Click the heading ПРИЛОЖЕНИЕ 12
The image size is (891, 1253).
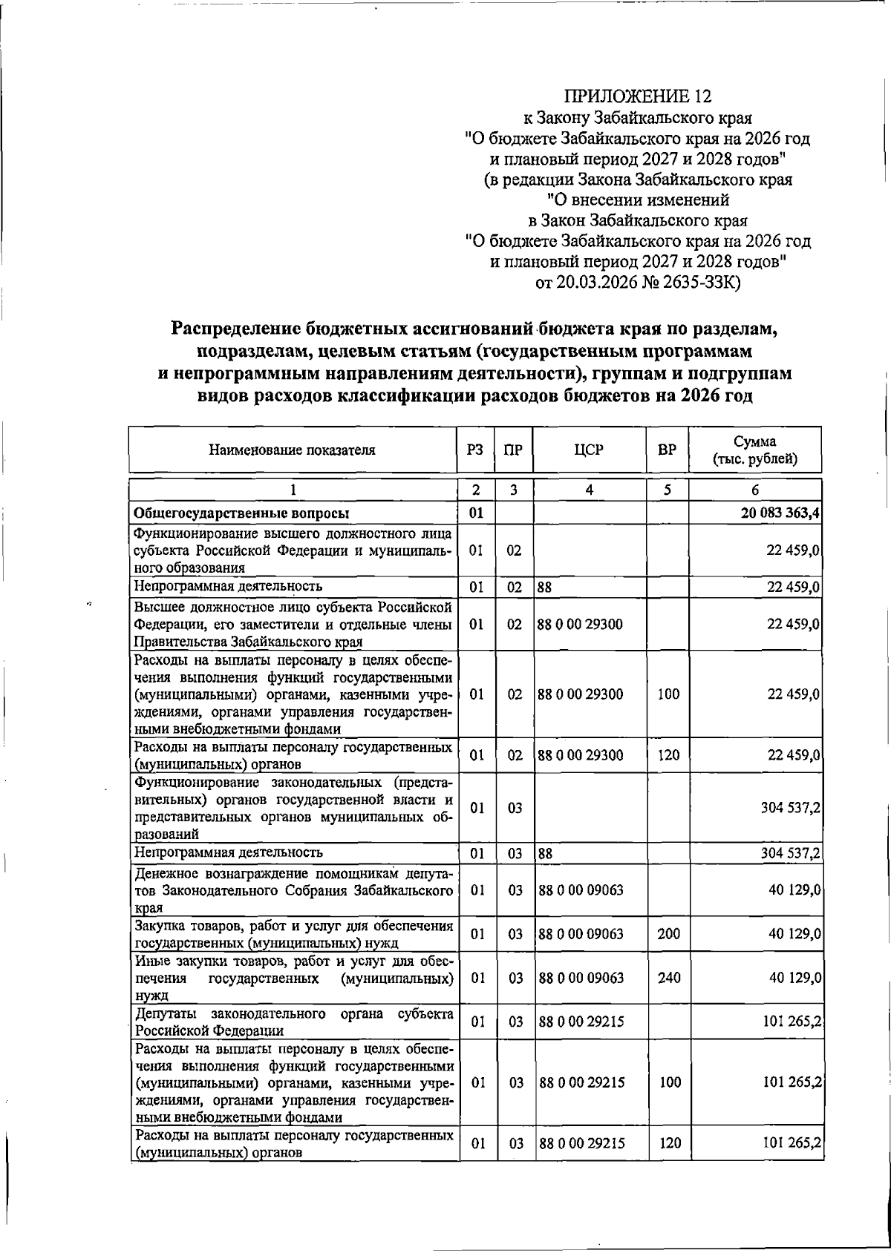[x=637, y=96]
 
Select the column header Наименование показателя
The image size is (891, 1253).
[x=292, y=450]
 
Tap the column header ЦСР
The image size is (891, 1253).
[x=589, y=450]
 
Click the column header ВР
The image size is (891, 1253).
[x=667, y=450]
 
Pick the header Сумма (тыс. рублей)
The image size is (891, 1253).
[x=754, y=450]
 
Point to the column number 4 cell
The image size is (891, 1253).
[x=589, y=490]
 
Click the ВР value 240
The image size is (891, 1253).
[x=668, y=978]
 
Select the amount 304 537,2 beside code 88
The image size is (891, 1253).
[x=790, y=853]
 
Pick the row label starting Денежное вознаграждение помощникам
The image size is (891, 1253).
[x=293, y=890]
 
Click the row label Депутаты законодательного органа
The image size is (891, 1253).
[x=293, y=1022]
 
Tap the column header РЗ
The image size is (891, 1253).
[x=475, y=450]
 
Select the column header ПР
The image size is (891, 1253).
[x=514, y=450]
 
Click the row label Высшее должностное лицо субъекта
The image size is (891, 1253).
[x=293, y=625]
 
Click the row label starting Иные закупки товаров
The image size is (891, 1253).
[x=293, y=978]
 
